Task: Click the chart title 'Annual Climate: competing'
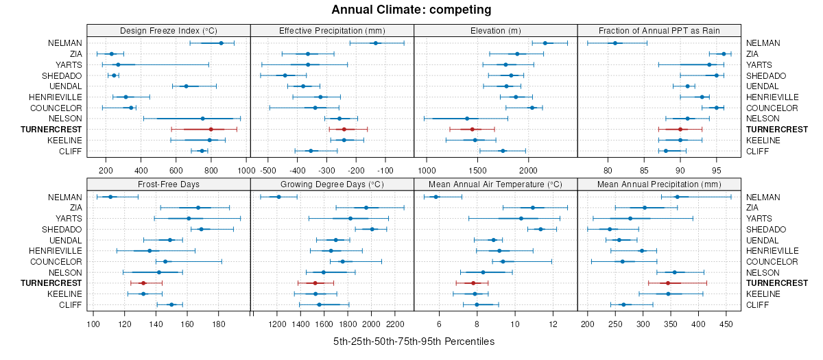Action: pyautogui.click(x=411, y=10)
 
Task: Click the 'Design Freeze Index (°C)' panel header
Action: pyautogui.click(x=168, y=30)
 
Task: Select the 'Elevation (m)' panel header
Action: pyautogui.click(x=496, y=30)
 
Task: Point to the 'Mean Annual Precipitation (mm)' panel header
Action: pyautogui.click(x=660, y=184)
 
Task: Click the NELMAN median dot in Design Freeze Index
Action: pyautogui.click(x=221, y=43)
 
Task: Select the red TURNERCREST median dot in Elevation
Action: pyautogui.click(x=472, y=130)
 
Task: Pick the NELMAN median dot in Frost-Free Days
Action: pyautogui.click(x=110, y=197)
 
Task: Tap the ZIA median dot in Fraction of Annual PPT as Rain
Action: pyautogui.click(x=724, y=53)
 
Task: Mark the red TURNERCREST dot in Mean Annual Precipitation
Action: pyautogui.click(x=667, y=283)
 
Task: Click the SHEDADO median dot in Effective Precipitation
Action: pyautogui.click(x=285, y=75)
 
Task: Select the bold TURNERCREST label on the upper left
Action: pyautogui.click(x=51, y=130)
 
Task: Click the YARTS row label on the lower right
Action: pyautogui.click(x=757, y=219)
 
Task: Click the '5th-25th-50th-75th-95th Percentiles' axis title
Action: pyautogui.click(x=414, y=341)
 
